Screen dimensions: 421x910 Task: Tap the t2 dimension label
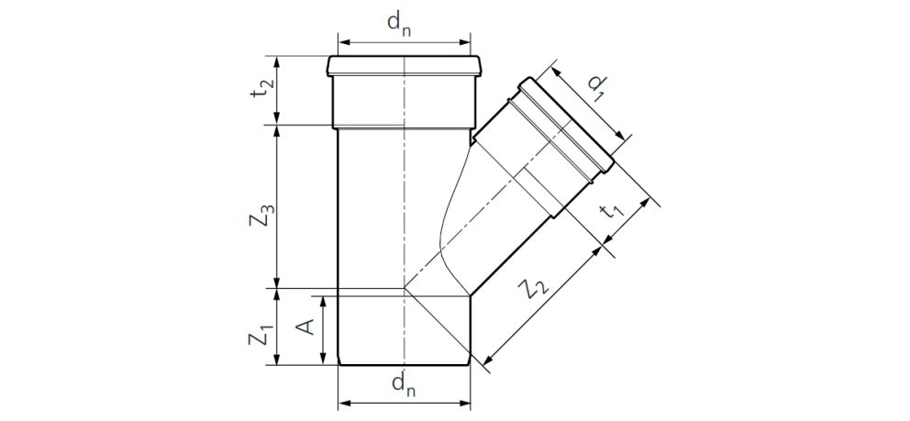click(x=263, y=90)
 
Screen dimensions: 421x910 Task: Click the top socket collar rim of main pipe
click(x=404, y=67)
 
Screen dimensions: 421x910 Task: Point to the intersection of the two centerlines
click(x=404, y=289)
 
